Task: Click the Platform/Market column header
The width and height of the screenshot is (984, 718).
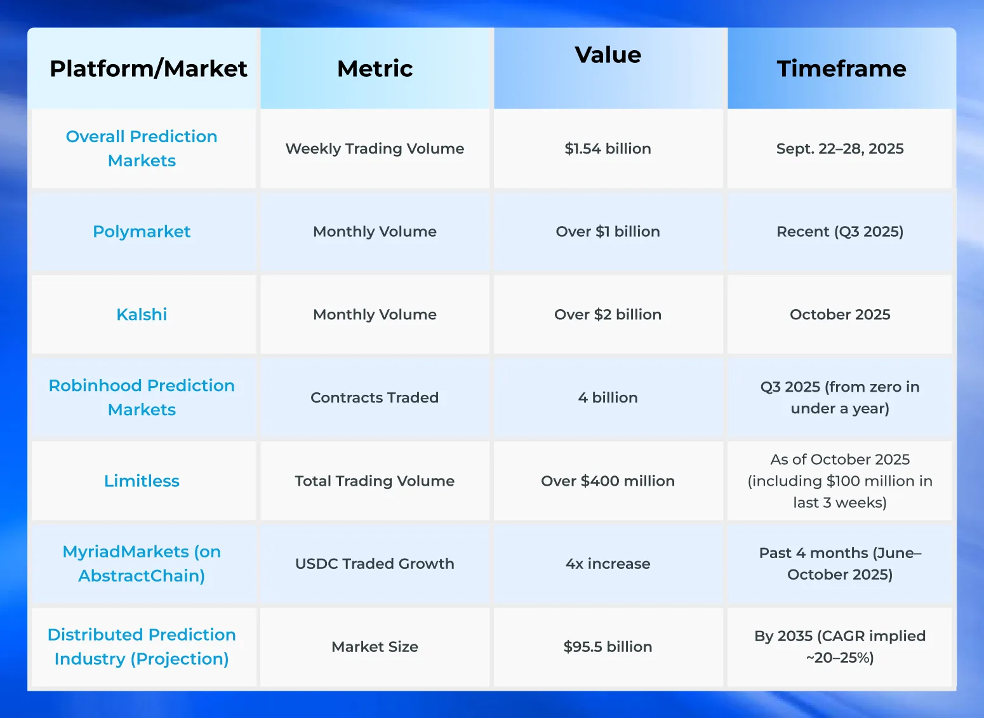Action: [x=148, y=69]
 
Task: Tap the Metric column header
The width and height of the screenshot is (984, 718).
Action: [x=375, y=69]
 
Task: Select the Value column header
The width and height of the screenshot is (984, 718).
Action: [x=608, y=55]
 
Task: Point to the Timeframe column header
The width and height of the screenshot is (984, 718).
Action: [x=841, y=69]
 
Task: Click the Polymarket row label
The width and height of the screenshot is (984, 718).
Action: [x=142, y=232]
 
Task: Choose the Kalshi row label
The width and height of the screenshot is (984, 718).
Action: [x=142, y=315]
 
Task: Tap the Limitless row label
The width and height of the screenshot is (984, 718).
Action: [x=142, y=481]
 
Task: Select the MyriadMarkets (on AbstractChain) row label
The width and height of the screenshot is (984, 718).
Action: [x=142, y=564]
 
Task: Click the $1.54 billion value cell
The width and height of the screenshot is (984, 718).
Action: [x=608, y=149]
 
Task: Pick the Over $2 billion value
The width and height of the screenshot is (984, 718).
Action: [x=608, y=315]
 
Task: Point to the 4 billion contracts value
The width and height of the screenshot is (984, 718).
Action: [x=608, y=398]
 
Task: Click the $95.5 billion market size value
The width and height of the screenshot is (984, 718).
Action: [x=608, y=647]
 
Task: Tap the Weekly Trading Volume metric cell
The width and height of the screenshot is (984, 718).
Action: [x=375, y=149]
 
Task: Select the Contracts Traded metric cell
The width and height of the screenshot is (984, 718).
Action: [x=375, y=398]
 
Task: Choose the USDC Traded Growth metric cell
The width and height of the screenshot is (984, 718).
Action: [x=375, y=564]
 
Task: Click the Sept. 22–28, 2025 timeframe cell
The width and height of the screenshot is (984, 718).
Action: [x=840, y=149]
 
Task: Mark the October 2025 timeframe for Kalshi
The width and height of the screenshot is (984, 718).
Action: [x=840, y=315]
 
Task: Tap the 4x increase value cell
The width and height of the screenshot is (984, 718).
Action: [x=608, y=564]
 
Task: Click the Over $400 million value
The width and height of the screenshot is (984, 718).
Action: [x=608, y=481]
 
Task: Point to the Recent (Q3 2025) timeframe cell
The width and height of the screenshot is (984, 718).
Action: [x=840, y=232]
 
